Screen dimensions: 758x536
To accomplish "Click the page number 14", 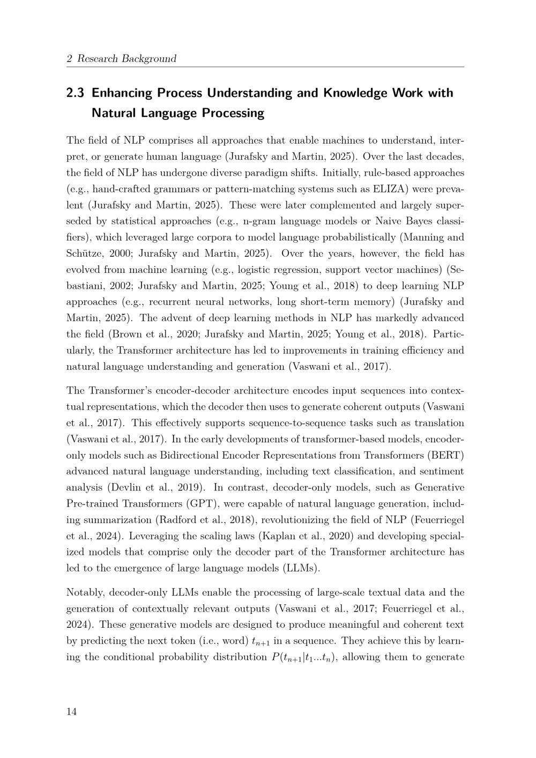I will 72,712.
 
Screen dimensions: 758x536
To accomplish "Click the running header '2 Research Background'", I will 121,58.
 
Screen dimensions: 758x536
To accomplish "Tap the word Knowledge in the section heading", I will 355,93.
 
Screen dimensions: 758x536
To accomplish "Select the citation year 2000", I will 118,254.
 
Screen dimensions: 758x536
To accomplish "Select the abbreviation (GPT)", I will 203,504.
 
